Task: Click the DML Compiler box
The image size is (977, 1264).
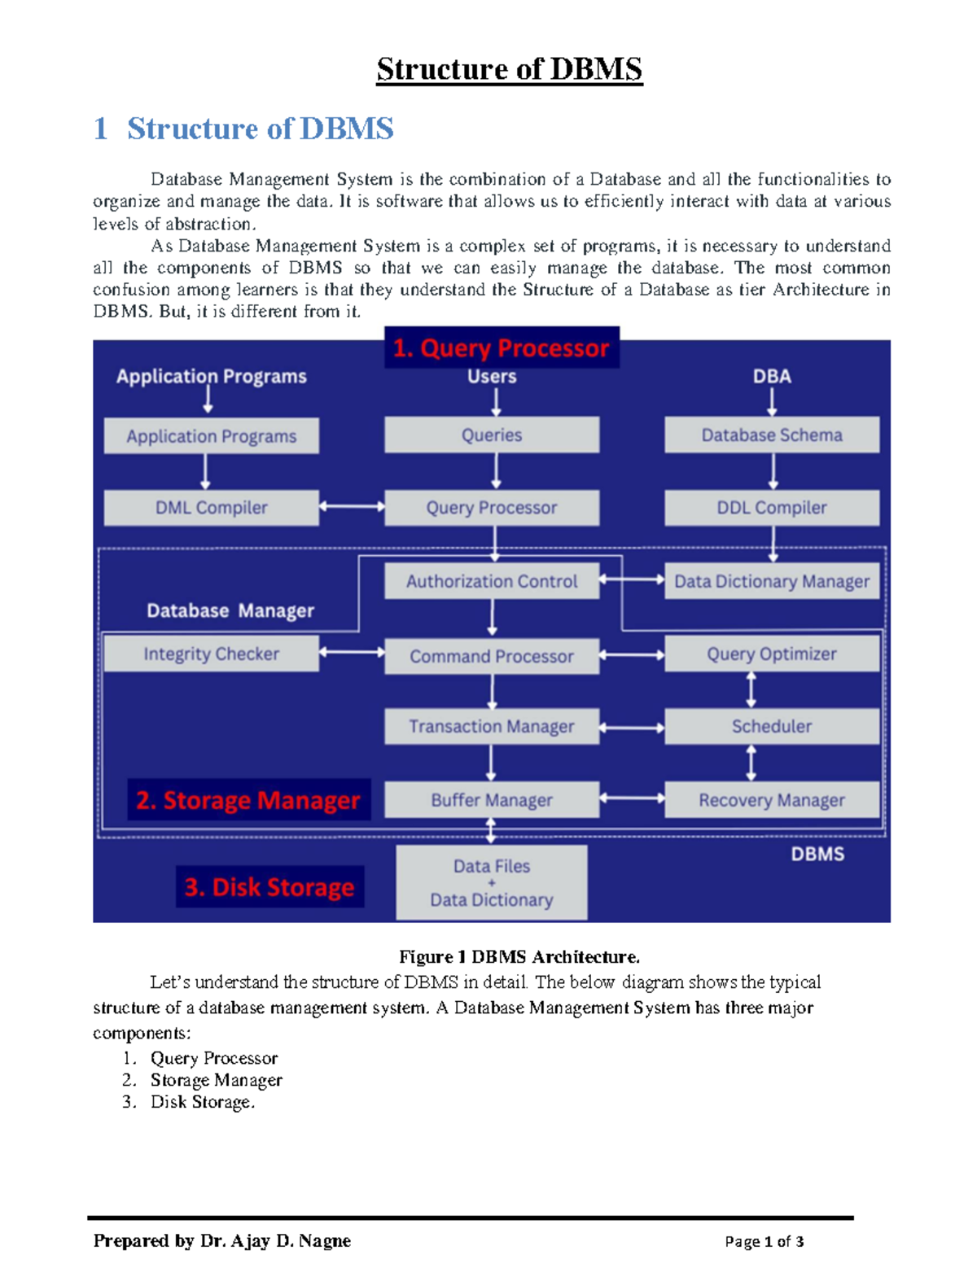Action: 211,508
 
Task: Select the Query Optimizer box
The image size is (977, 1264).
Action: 771,654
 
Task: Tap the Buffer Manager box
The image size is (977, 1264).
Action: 491,800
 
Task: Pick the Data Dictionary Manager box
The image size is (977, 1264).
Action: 771,582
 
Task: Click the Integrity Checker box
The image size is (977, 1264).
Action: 211,654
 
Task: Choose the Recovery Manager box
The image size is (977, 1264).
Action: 771,800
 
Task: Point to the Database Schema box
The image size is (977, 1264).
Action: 771,435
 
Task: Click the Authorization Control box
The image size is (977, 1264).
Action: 491,582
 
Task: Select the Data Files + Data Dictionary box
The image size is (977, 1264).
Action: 491,883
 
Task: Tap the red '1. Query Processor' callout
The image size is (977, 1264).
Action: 501,348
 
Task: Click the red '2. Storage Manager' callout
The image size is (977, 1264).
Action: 248,800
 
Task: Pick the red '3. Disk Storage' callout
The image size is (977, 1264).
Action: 269,886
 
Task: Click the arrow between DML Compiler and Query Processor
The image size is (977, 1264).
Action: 352,506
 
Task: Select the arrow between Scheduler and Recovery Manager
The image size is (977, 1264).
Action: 751,763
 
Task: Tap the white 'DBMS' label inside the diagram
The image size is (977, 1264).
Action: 817,854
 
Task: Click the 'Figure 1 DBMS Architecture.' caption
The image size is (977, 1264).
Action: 519,956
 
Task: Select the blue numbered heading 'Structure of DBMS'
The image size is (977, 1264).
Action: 260,129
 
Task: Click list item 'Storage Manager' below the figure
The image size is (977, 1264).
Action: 216,1080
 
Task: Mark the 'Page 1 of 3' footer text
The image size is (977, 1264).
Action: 764,1241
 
